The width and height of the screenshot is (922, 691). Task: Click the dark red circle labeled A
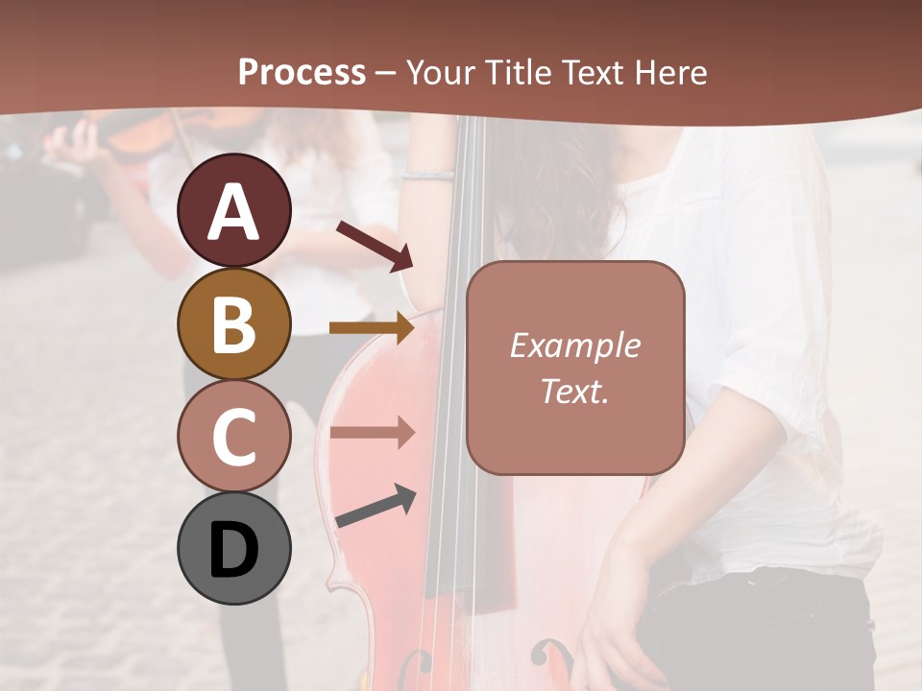pos(234,211)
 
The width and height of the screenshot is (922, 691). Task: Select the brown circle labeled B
pos(234,323)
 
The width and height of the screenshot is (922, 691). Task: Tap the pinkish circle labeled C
pos(234,436)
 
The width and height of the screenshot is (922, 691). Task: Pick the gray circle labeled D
pos(234,548)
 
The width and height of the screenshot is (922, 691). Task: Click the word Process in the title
pos(302,72)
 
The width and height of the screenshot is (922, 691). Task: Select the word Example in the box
pos(574,345)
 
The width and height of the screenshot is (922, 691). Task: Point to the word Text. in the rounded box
pos(574,391)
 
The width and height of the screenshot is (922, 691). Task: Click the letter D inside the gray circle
pos(234,550)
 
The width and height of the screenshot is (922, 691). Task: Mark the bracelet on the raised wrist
pos(426,175)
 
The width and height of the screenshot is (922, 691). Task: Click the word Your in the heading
pos(442,72)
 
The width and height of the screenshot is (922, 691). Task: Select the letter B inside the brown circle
pos(234,324)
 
